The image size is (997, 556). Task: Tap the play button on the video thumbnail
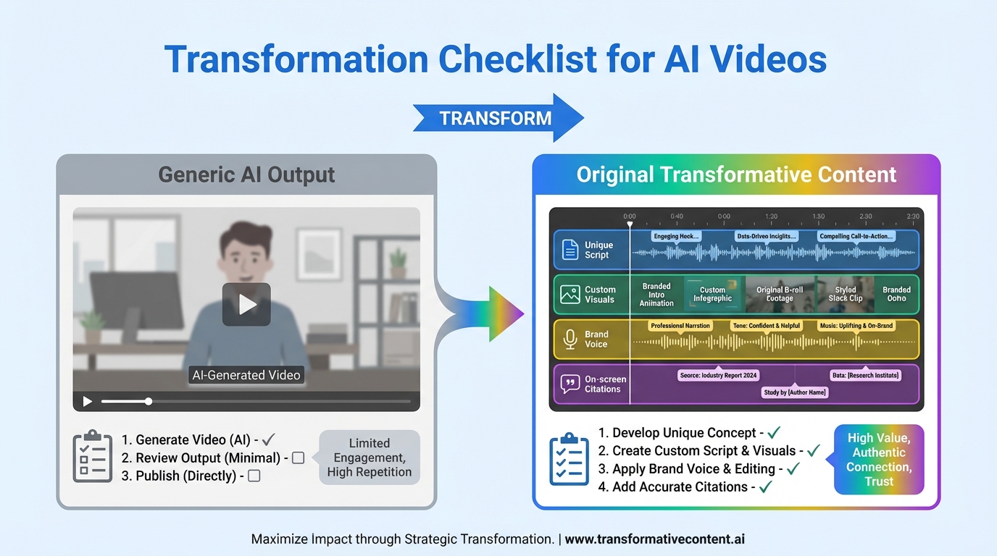point(246,304)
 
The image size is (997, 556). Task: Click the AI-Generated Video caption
point(246,375)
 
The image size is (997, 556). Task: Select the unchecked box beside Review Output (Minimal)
point(298,458)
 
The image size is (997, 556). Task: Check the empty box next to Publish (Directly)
point(254,476)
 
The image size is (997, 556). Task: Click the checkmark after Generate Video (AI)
point(268,439)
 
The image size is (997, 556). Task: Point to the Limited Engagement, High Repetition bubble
point(369,458)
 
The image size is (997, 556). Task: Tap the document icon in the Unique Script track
point(570,250)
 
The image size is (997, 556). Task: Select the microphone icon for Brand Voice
point(570,339)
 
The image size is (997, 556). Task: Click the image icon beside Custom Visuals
point(570,294)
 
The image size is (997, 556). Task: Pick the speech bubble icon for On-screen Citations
point(570,384)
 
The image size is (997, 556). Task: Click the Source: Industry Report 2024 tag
point(718,375)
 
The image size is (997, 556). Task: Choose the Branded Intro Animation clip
point(656,295)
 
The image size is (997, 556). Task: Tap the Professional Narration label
point(680,326)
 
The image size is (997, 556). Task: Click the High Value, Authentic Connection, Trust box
point(879,459)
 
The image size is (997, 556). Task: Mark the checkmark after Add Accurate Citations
point(765,486)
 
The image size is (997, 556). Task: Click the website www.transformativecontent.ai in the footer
point(655,539)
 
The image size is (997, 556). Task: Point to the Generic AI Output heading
point(246,175)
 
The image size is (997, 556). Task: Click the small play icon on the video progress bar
point(88,401)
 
